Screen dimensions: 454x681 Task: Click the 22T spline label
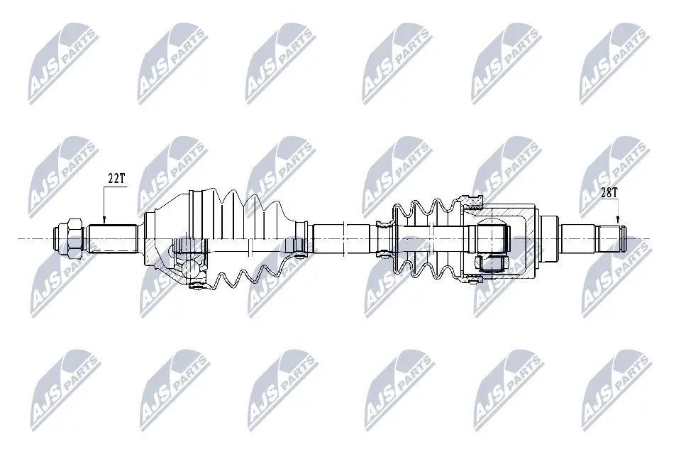point(116,179)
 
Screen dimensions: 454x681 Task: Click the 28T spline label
point(609,192)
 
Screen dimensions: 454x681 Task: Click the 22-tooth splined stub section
point(113,238)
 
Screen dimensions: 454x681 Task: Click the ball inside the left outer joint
point(189,268)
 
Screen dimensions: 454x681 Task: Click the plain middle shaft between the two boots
point(340,238)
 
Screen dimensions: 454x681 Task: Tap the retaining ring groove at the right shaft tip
point(622,238)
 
